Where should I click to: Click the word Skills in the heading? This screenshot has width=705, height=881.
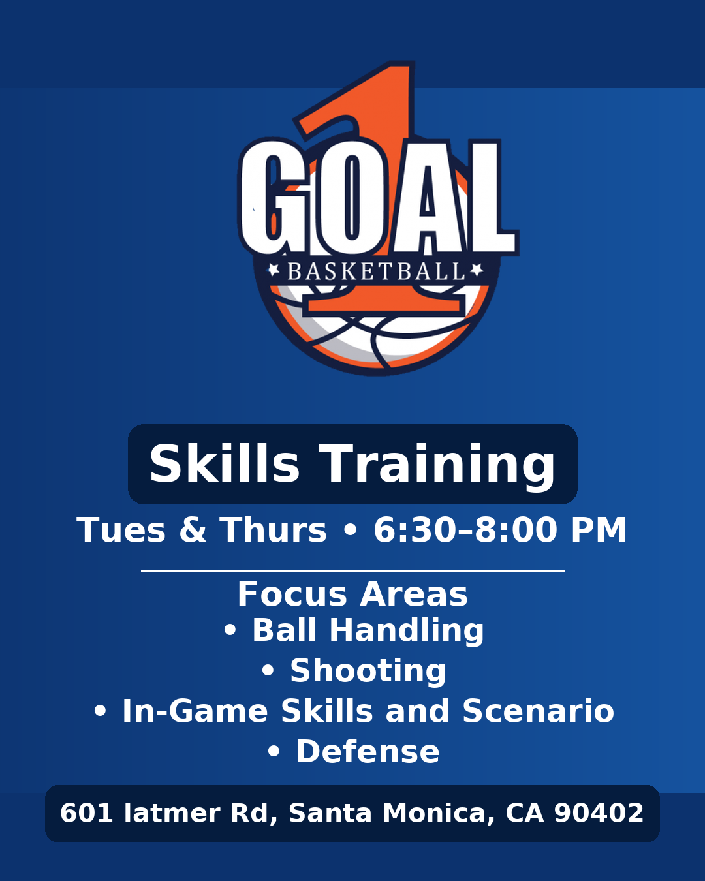tap(225, 464)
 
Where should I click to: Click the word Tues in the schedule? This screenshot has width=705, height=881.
tap(121, 530)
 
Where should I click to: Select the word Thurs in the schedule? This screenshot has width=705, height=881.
tap(273, 530)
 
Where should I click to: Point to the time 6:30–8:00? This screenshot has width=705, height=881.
tap(465, 530)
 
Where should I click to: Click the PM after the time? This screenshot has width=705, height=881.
tap(599, 530)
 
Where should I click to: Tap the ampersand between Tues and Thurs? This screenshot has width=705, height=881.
tap(193, 530)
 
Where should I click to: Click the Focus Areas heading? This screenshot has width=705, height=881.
tap(352, 594)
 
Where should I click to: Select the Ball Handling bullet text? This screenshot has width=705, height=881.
tap(368, 630)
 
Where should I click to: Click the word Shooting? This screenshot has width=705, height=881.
tap(368, 671)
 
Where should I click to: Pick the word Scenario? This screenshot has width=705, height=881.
tap(538, 711)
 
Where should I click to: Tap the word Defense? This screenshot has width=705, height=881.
tap(368, 752)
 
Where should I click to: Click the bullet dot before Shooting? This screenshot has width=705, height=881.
tap(268, 671)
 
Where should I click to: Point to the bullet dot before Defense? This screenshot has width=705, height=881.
tap(274, 752)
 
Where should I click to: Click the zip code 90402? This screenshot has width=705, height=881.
tap(599, 813)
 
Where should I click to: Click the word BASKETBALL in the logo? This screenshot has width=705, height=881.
tap(376, 271)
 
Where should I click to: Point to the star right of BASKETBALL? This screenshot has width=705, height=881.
tap(477, 270)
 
